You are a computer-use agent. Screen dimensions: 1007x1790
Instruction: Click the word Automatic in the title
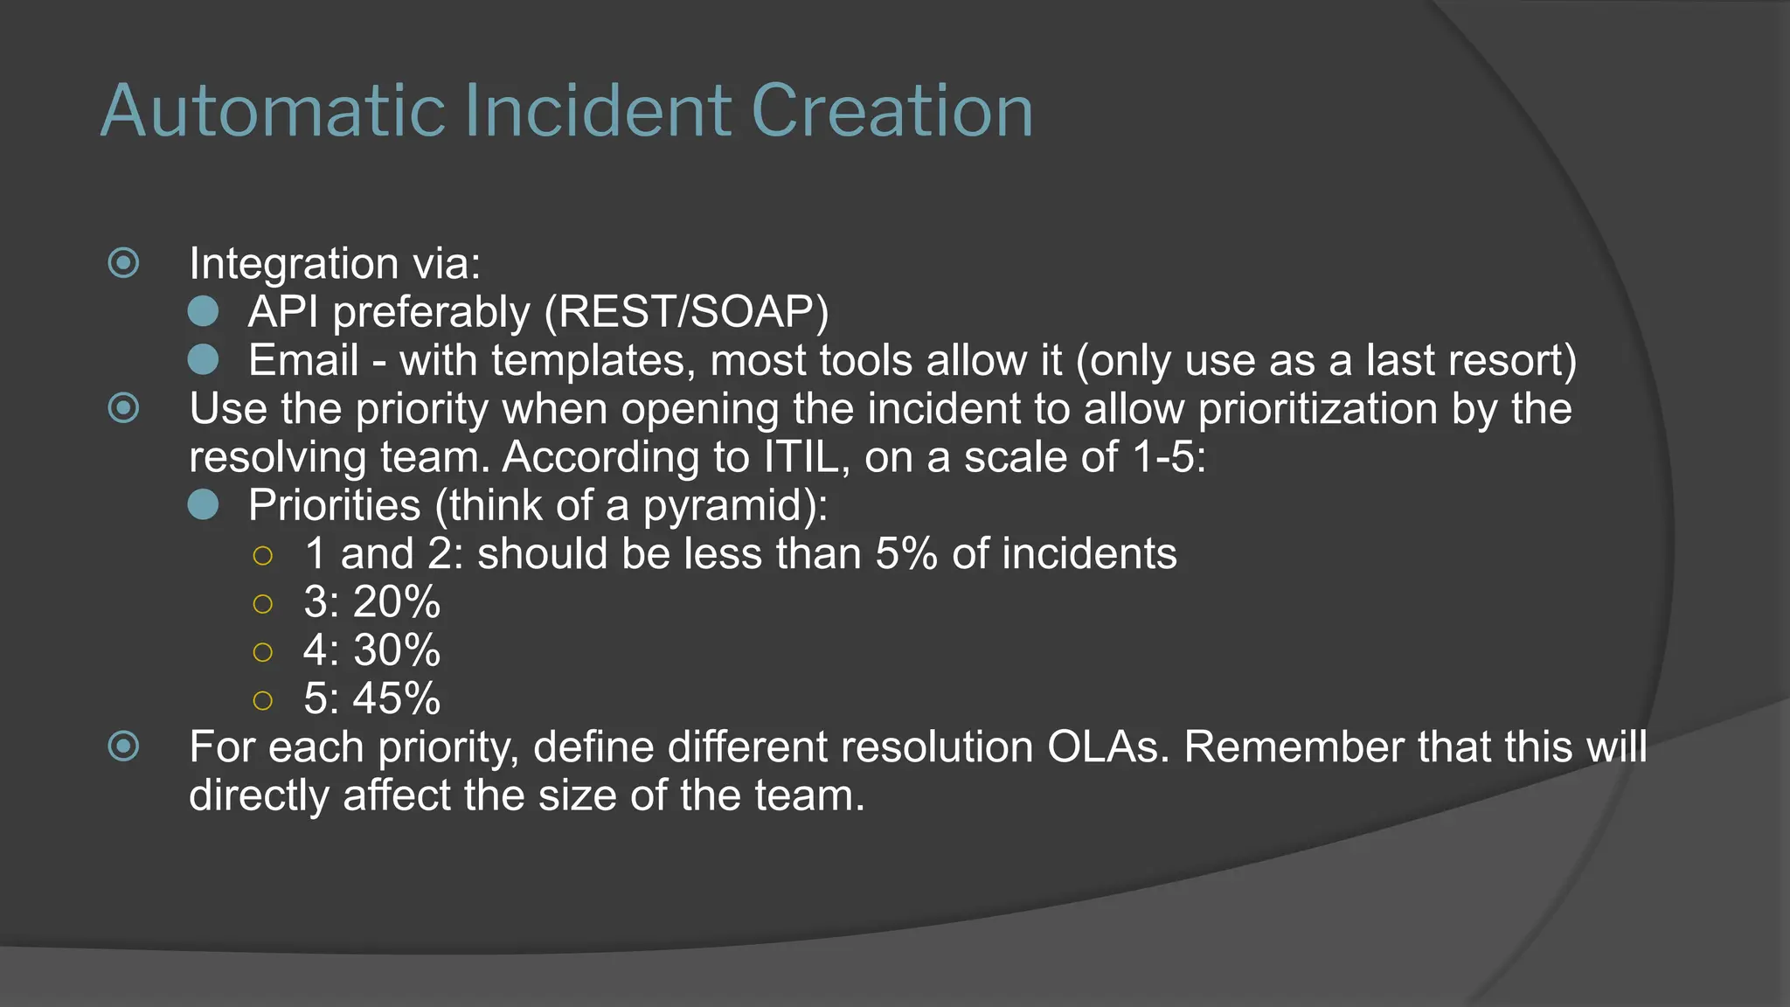274,111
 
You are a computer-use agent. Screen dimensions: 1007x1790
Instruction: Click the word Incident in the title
598,111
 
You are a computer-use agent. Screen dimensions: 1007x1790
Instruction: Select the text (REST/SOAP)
686,312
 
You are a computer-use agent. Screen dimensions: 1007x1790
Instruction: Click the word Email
303,360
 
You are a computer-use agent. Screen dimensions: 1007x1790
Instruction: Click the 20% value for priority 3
397,602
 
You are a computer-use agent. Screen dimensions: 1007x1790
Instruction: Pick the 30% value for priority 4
397,650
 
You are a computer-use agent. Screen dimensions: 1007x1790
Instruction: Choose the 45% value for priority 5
397,698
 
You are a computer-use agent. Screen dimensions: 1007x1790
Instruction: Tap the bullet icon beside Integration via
123,263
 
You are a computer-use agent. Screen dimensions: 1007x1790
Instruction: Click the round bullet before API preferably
203,311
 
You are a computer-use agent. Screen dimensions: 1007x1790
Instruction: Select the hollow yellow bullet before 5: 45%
262,699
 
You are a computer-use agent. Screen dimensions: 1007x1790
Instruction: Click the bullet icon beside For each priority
123,747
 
